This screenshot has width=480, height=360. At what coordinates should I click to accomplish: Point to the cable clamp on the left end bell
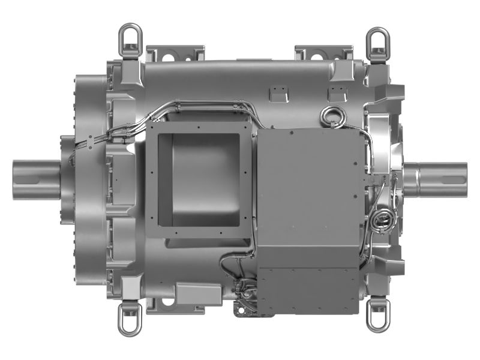(x=91, y=141)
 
